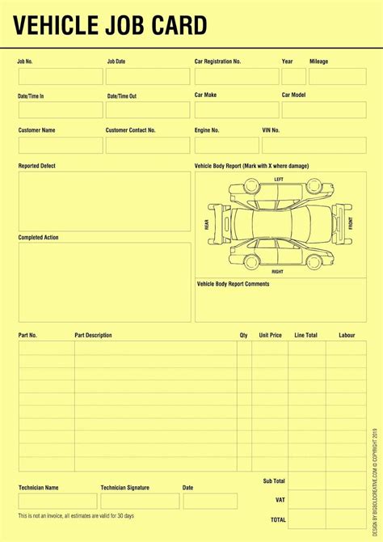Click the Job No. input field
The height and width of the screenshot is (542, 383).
[x=61, y=77]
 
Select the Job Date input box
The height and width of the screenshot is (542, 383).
[x=148, y=77]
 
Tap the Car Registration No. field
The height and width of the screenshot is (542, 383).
[x=236, y=77]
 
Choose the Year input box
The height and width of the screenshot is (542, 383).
[x=293, y=77]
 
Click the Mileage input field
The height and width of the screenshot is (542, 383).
[x=338, y=77]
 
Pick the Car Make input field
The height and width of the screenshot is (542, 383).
[x=236, y=110]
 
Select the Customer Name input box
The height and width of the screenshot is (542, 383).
[x=61, y=145]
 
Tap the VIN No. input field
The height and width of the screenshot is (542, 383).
[x=315, y=145]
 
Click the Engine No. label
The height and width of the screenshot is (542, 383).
[x=207, y=129]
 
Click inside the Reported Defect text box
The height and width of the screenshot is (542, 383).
[x=105, y=201]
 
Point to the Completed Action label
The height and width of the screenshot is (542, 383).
[x=39, y=237]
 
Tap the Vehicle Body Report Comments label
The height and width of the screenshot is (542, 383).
[x=234, y=284]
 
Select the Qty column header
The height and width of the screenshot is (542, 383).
[x=243, y=335]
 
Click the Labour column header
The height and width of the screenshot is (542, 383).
[x=347, y=335]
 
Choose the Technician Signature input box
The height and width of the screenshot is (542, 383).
[x=140, y=502]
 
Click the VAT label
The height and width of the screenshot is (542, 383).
[x=280, y=500]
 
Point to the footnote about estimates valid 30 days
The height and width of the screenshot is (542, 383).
[x=77, y=516]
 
